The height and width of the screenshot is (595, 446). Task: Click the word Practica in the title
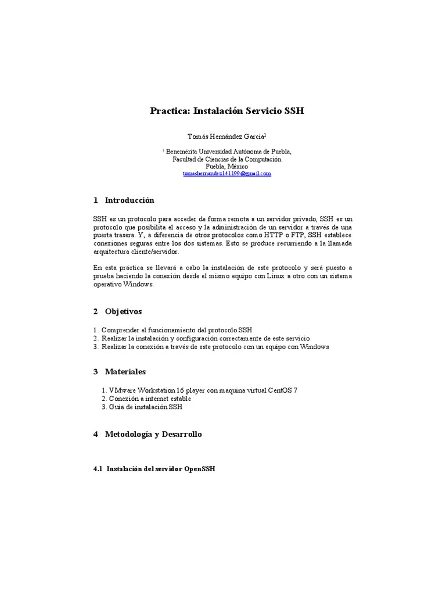click(169, 110)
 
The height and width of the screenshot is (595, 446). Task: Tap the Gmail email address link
click(227, 173)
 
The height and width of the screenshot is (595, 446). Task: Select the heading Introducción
click(130, 200)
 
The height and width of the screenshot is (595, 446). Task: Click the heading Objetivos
click(123, 311)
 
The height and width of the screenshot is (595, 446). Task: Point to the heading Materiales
click(125, 371)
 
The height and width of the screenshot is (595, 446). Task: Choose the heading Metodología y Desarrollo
click(153, 434)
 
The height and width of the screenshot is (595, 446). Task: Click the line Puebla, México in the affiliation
click(223, 166)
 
